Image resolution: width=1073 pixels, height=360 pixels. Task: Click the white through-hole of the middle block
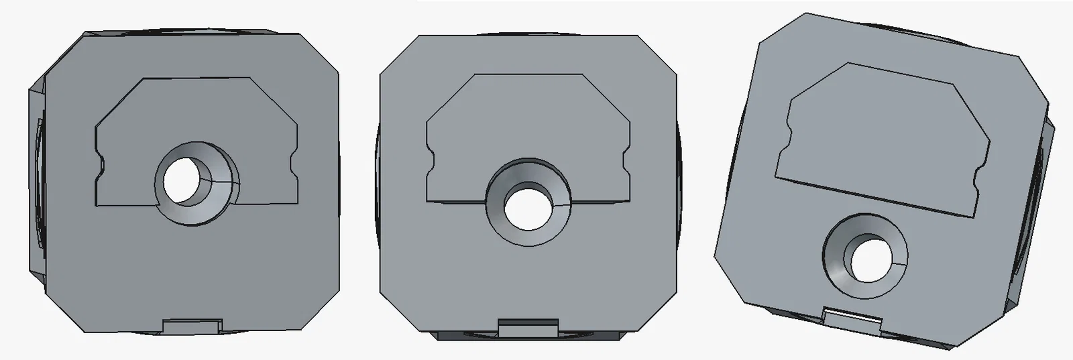527,205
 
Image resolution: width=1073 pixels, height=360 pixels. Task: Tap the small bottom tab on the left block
192,326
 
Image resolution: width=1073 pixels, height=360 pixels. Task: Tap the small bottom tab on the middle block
528,328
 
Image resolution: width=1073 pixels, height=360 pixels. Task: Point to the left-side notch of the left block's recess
101,164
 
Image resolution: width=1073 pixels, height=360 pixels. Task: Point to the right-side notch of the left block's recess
294,164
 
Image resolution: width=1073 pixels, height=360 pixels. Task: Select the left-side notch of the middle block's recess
431,163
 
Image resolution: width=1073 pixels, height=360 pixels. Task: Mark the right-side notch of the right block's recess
978,176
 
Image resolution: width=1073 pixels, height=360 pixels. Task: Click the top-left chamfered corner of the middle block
397,54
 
